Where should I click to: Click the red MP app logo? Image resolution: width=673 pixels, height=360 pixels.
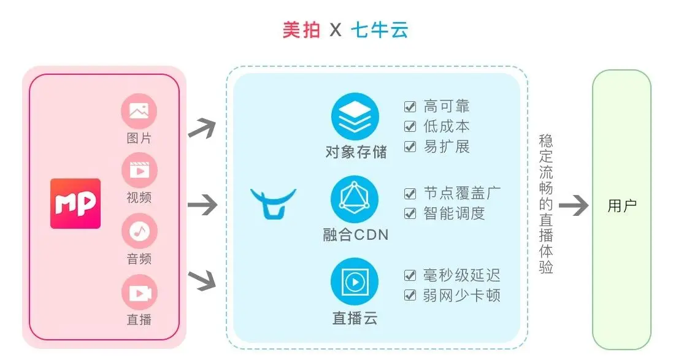pos(75,203)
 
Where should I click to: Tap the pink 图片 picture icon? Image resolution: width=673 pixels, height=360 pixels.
pos(139,112)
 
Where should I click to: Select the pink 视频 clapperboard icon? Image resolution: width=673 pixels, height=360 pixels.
pos(139,170)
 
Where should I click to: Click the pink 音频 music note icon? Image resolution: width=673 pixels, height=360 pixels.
pos(139,231)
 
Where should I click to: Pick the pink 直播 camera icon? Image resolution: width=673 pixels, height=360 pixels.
pos(139,292)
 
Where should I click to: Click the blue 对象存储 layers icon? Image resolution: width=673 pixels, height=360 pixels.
pos(355,117)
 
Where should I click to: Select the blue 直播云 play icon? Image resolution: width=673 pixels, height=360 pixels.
pos(355,282)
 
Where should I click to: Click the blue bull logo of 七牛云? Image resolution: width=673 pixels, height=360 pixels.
pos(273,203)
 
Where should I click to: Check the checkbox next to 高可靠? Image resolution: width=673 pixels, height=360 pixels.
pos(410,107)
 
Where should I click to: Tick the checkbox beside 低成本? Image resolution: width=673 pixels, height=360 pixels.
pos(410,127)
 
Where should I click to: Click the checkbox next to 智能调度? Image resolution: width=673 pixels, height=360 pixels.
pos(410,213)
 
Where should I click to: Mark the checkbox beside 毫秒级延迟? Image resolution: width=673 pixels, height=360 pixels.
pos(410,275)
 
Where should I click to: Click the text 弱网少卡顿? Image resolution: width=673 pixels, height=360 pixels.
pos(462,295)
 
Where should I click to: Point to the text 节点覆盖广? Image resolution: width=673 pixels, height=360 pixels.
pos(462,193)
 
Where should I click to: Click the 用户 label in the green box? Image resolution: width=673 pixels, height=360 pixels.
pos(621,206)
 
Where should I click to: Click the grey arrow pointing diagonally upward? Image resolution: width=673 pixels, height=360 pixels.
pos(202,127)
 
